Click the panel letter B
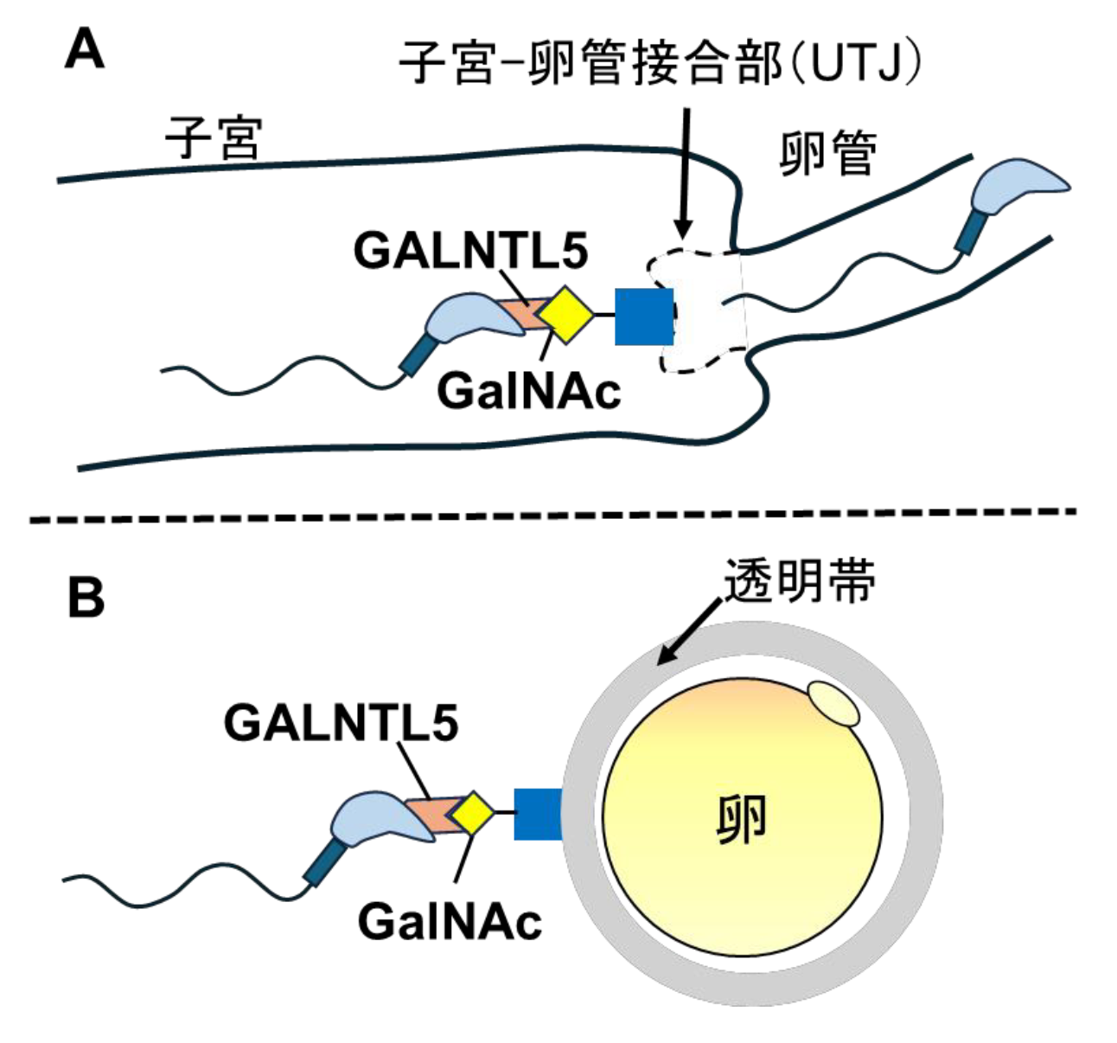click(x=86, y=597)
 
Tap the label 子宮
click(x=213, y=138)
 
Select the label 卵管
click(x=828, y=153)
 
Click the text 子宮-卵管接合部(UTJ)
click(x=661, y=62)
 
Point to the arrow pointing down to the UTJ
click(x=684, y=173)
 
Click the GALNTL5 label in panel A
click(x=470, y=252)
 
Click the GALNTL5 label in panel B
click(x=341, y=722)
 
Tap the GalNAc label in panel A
click(x=528, y=391)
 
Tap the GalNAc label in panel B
click(x=449, y=920)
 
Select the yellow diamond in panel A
click(x=565, y=315)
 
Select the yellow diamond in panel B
click(x=472, y=812)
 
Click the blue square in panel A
click(x=643, y=317)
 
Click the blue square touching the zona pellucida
click(x=537, y=813)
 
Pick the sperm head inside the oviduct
click(x=1020, y=184)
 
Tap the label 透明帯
click(x=800, y=580)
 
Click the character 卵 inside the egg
click(x=742, y=819)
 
